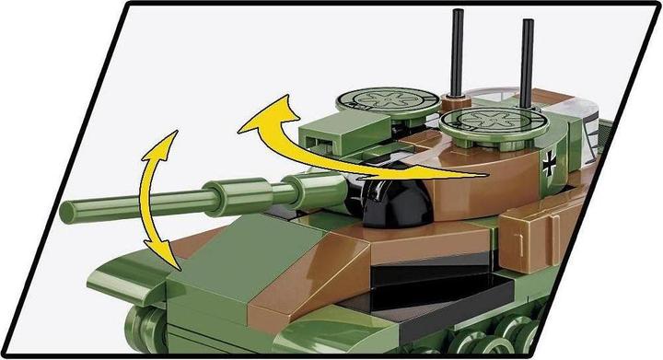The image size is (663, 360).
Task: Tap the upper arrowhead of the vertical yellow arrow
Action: (160, 144)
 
